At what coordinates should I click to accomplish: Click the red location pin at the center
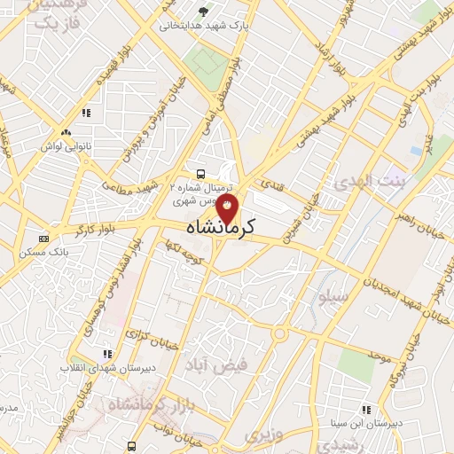[228, 209]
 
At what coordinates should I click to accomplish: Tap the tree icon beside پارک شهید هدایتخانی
[205, 12]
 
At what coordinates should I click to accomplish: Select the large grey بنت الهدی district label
[366, 183]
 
